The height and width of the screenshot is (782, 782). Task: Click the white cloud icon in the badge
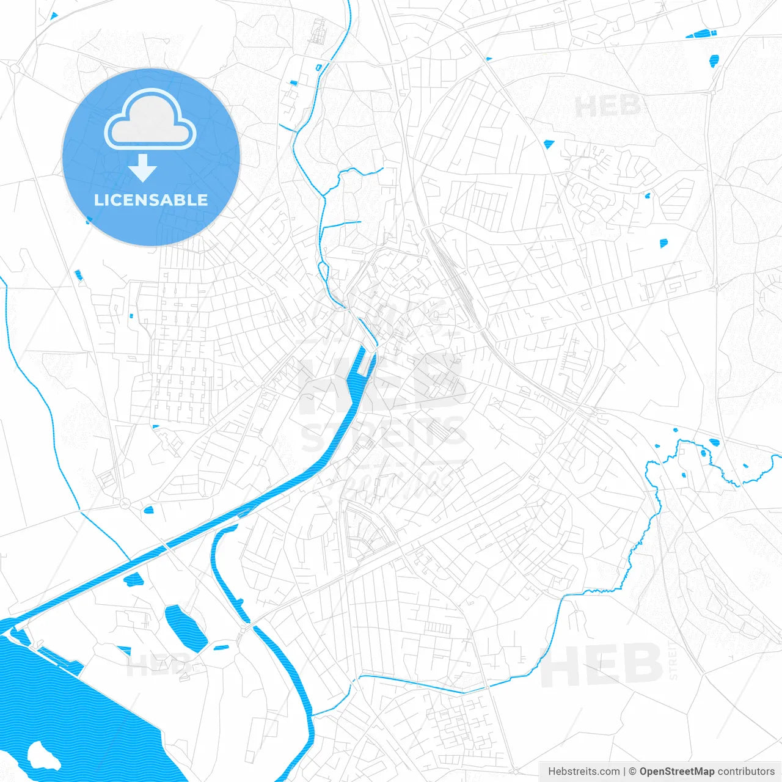coord(150,119)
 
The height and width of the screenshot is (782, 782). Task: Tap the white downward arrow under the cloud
coord(142,168)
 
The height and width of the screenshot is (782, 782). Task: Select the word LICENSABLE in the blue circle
coord(151,200)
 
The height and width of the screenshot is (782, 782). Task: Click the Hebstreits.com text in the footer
coord(583,772)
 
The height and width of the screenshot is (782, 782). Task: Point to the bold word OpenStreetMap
coord(676,772)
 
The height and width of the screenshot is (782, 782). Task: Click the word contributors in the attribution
coord(746,772)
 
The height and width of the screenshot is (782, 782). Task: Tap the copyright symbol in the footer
coord(632,772)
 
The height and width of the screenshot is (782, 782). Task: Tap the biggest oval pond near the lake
coord(186,628)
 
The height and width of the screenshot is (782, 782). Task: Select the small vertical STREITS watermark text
coord(673,660)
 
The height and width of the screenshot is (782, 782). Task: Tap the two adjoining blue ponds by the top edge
coord(700,34)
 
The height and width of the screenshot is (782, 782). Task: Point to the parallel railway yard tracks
coord(455,275)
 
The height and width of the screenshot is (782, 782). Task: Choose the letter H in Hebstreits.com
coord(552,772)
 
